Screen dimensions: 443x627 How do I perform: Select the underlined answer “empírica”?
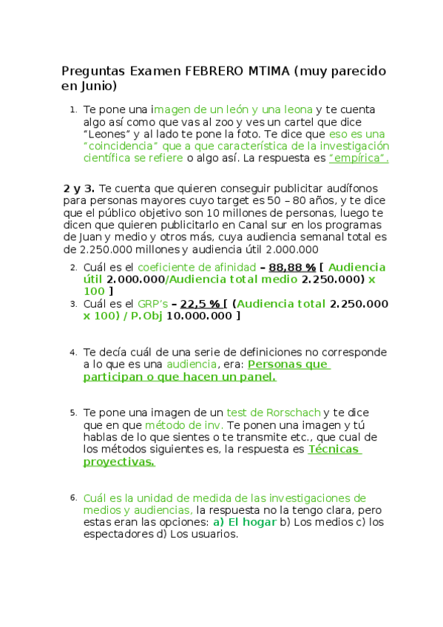pos(359,158)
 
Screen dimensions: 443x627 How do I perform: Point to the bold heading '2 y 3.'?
pos(78,189)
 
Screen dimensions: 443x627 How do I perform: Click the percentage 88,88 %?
pos(292,268)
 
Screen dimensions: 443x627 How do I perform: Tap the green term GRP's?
pos(153,304)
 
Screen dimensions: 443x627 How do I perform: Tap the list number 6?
pos(72,497)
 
